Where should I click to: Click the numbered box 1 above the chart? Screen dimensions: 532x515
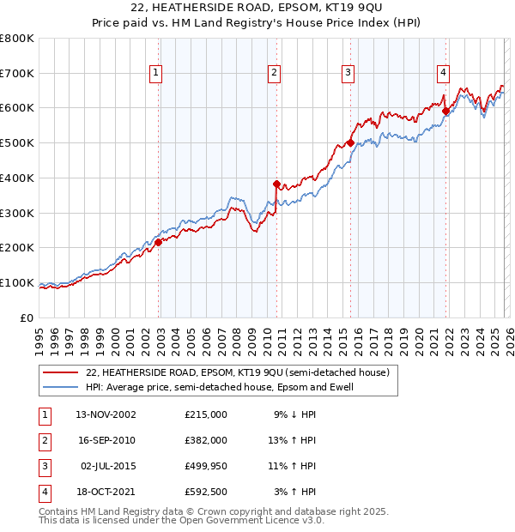156,74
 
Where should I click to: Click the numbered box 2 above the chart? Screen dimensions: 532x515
274,74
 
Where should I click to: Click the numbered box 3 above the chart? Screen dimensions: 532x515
348,74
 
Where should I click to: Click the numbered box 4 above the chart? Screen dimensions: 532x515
443,74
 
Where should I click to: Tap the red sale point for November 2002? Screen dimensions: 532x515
159,242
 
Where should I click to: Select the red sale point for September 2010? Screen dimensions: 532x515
276,183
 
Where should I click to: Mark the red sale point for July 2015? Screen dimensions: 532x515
350,142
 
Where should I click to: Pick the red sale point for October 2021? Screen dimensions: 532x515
445,110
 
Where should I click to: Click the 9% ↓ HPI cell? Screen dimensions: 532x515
294,414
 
